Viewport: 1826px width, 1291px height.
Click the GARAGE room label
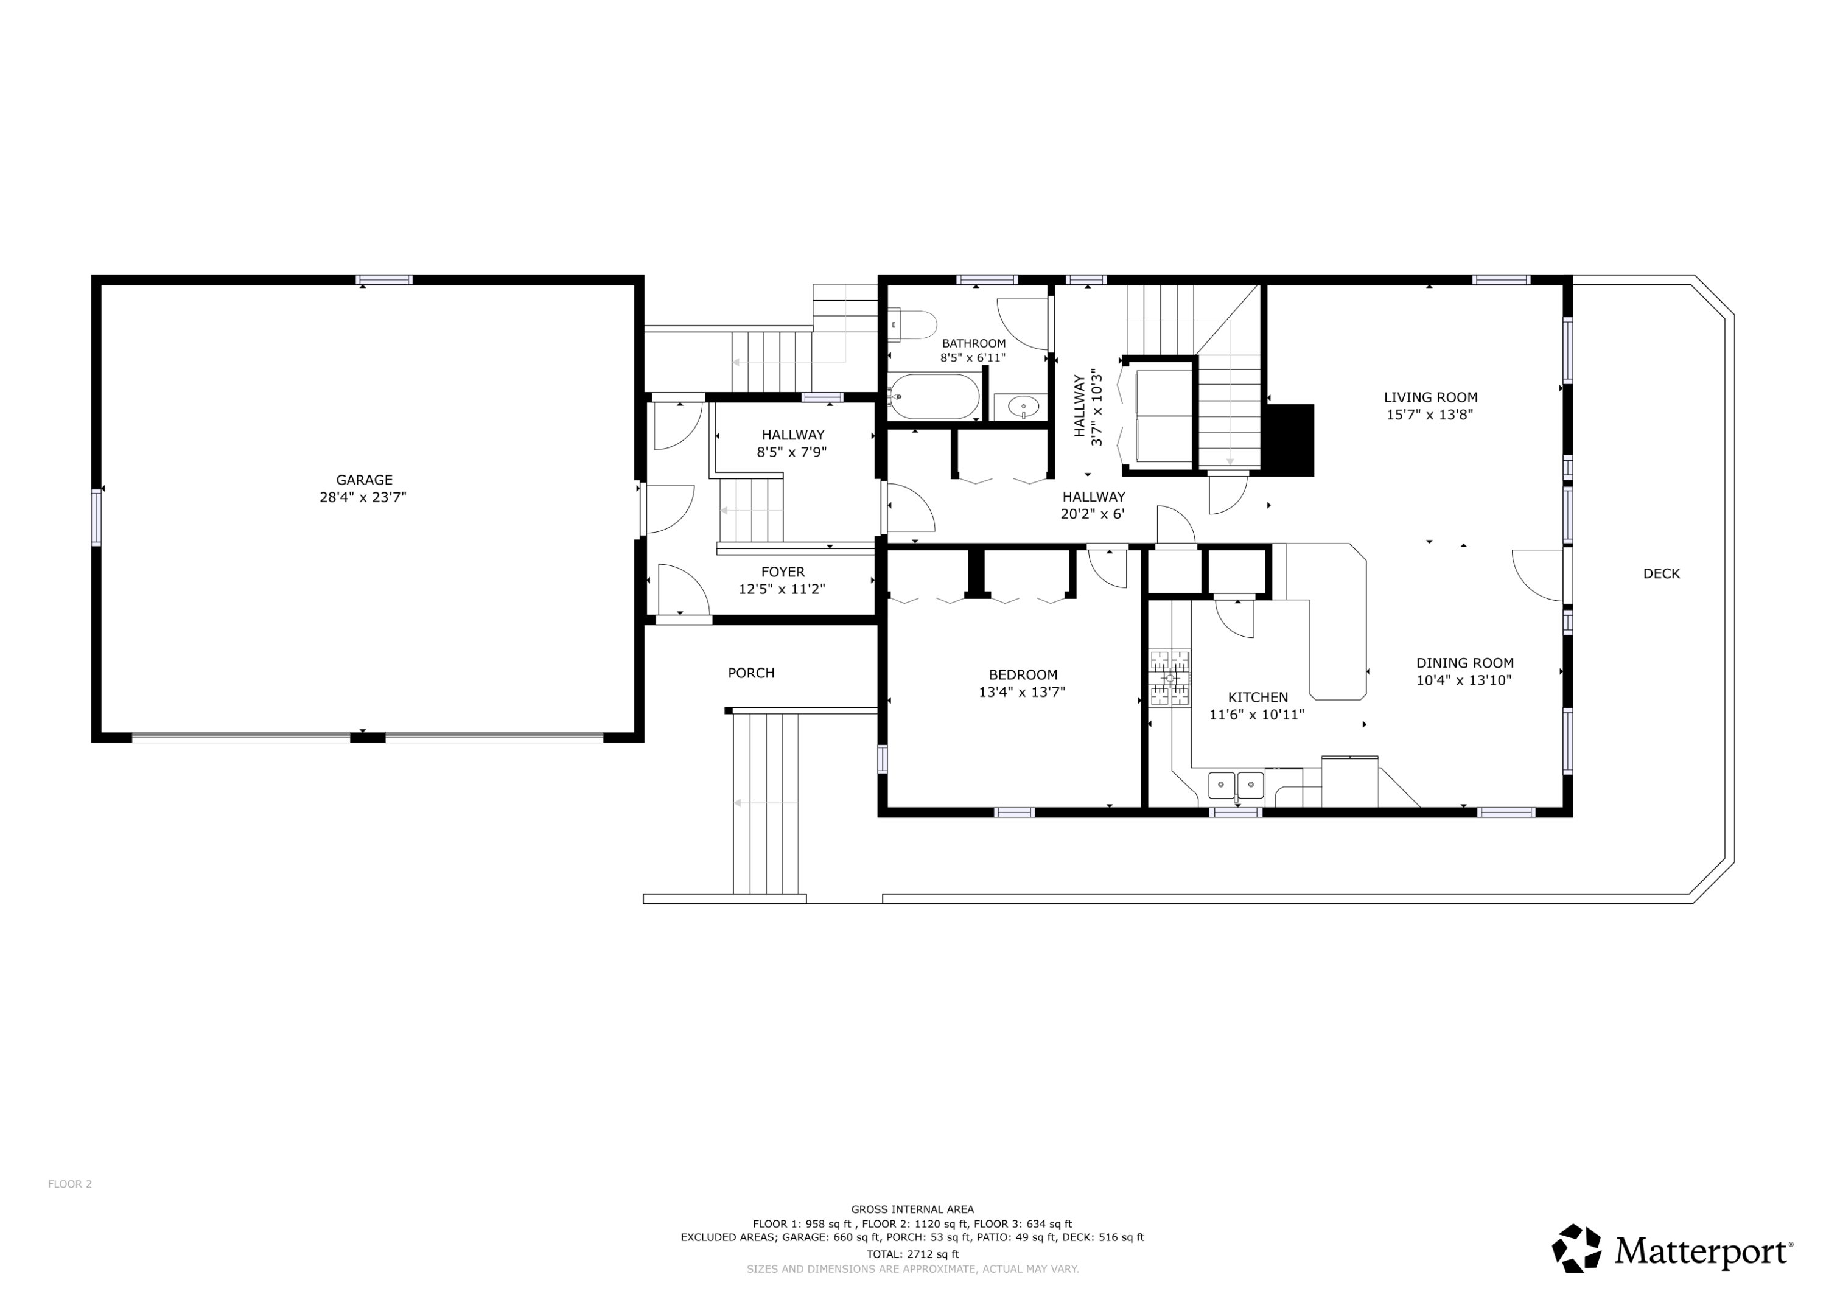pyautogui.click(x=364, y=480)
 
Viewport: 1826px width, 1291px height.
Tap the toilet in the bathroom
pyautogui.click(x=912, y=324)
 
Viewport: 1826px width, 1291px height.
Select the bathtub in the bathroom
pyautogui.click(x=934, y=396)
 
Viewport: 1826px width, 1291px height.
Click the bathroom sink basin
pyautogui.click(x=1024, y=407)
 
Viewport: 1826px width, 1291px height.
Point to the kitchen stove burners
pyautogui.click(x=1170, y=677)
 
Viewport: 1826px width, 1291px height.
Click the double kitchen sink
pyautogui.click(x=1236, y=785)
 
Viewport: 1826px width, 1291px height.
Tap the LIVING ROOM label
pyautogui.click(x=1431, y=397)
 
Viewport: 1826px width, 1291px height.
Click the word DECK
pyautogui.click(x=1662, y=573)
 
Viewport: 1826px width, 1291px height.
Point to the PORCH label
pyautogui.click(x=750, y=673)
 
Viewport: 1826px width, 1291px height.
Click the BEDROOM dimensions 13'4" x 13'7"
pyautogui.click(x=1022, y=692)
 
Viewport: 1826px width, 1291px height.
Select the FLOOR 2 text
pyautogui.click(x=70, y=1184)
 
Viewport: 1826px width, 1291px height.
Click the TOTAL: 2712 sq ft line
pyautogui.click(x=913, y=1254)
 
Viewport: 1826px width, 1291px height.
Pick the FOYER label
pyautogui.click(x=783, y=572)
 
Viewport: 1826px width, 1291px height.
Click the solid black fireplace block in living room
pyautogui.click(x=1289, y=441)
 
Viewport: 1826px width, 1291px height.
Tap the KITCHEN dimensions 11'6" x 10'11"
pyautogui.click(x=1256, y=715)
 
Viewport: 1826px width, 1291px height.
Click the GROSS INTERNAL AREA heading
pyautogui.click(x=912, y=1209)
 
